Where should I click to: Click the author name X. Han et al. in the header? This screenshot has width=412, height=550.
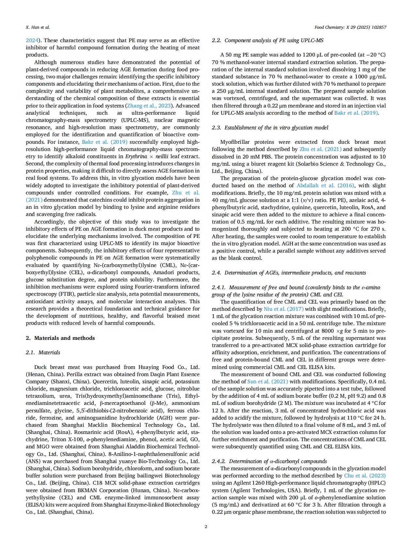(x=38, y=27)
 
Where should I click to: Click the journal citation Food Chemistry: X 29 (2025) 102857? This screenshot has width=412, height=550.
(x=350, y=27)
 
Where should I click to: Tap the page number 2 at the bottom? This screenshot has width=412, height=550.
(x=206, y=526)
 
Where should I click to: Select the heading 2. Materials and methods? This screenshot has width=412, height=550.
(x=60, y=338)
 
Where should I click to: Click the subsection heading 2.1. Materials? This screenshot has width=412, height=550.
(x=43, y=352)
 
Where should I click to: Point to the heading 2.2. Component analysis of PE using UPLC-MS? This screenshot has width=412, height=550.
(x=268, y=40)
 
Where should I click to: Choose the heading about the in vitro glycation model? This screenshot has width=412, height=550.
(x=270, y=127)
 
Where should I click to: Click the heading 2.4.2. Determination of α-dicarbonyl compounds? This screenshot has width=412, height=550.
(x=269, y=461)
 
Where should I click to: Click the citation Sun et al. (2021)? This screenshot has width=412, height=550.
(x=268, y=381)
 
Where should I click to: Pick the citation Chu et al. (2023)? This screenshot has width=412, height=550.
(x=365, y=475)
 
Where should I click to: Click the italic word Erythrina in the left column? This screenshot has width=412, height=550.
(x=136, y=156)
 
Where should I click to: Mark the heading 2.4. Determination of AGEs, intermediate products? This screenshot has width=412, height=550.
(x=289, y=273)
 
